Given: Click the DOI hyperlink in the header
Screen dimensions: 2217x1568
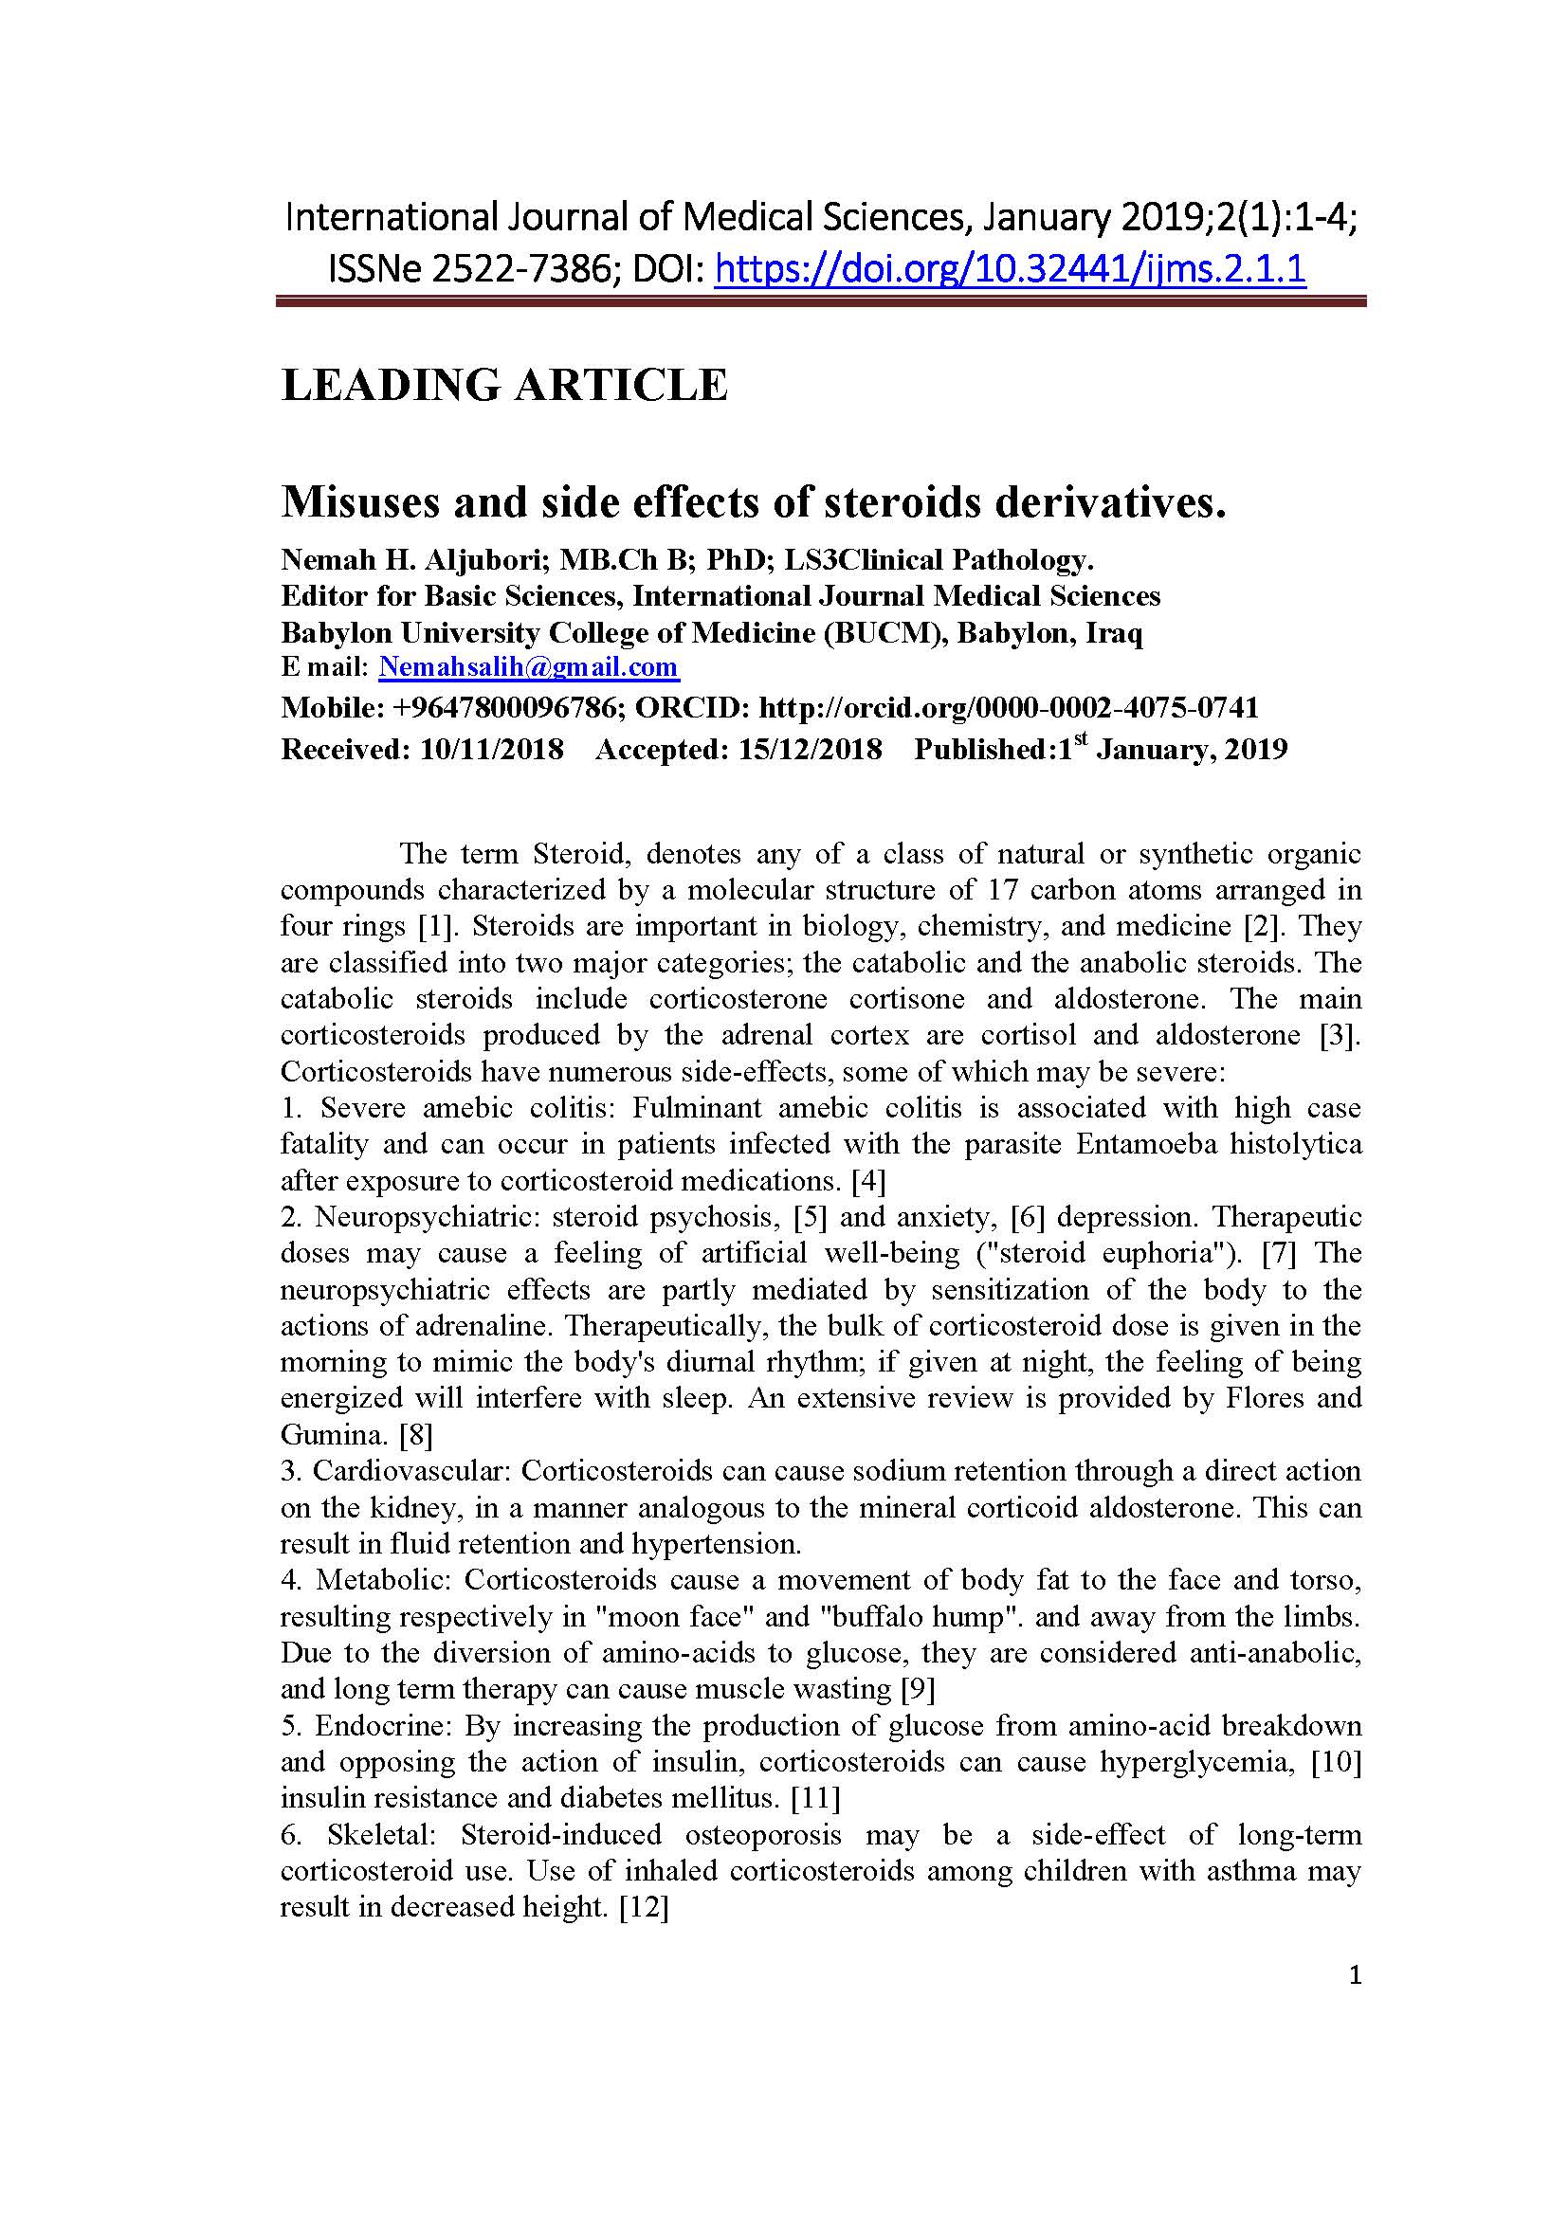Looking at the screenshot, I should tap(1009, 269).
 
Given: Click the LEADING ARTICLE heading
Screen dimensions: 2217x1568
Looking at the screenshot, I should tap(504, 384).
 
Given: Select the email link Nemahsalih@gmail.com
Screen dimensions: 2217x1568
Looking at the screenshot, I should tap(528, 667).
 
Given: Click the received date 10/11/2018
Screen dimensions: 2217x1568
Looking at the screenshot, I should tap(491, 750).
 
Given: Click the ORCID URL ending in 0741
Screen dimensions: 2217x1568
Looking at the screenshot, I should tap(1009, 708).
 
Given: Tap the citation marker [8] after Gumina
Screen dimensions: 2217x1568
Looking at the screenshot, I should tap(416, 1435).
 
